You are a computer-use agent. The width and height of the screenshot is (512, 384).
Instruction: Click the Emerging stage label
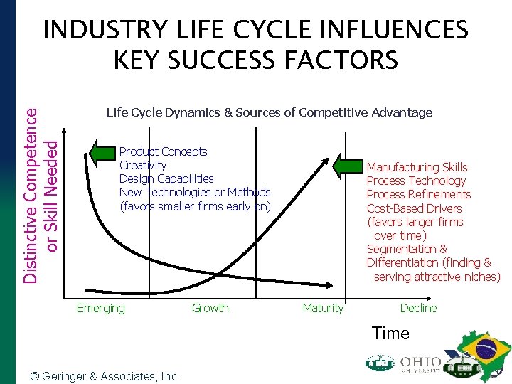[x=100, y=308]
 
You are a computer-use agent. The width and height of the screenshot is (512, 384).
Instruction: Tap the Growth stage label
[x=210, y=308]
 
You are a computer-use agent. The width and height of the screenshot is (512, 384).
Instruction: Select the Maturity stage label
[x=323, y=308]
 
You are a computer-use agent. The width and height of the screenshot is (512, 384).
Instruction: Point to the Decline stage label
[x=418, y=308]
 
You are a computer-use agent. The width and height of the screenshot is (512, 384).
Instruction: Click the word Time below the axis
[x=390, y=333]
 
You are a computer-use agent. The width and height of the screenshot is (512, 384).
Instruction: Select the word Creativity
[x=143, y=165]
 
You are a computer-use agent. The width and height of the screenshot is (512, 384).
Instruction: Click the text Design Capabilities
[x=166, y=178]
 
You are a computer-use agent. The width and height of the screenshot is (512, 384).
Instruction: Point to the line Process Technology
[x=416, y=181]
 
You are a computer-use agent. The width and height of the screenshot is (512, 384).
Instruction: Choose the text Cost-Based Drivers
[x=414, y=208]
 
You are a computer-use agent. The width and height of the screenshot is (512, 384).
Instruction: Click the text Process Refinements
[x=418, y=194]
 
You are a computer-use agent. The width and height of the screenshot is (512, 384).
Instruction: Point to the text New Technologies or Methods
[x=195, y=192]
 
